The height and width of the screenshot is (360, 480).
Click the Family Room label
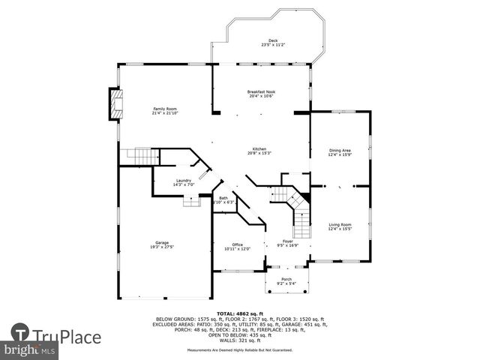(x=165, y=109)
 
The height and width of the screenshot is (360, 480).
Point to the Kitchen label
(x=259, y=148)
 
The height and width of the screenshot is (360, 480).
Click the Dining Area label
(x=340, y=150)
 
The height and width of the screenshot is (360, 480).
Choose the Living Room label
(x=340, y=224)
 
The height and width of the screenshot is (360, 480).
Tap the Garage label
(x=162, y=242)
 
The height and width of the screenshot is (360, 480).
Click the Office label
(x=237, y=244)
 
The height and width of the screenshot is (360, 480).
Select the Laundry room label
(x=184, y=180)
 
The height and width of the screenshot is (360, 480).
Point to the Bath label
(x=223, y=198)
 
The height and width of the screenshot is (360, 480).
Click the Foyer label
(x=287, y=241)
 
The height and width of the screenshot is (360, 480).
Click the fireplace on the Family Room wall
(x=115, y=104)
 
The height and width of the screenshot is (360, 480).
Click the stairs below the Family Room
(x=140, y=156)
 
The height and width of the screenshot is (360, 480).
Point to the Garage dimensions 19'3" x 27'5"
(x=162, y=247)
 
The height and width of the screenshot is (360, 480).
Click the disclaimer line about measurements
(x=240, y=349)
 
